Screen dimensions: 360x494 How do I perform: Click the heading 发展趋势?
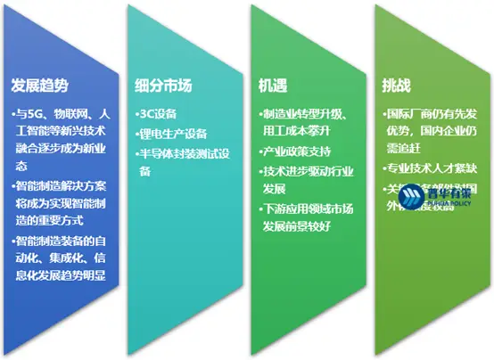40,86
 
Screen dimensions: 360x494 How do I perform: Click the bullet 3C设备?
160,115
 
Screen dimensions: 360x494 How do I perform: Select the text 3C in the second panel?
148,115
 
